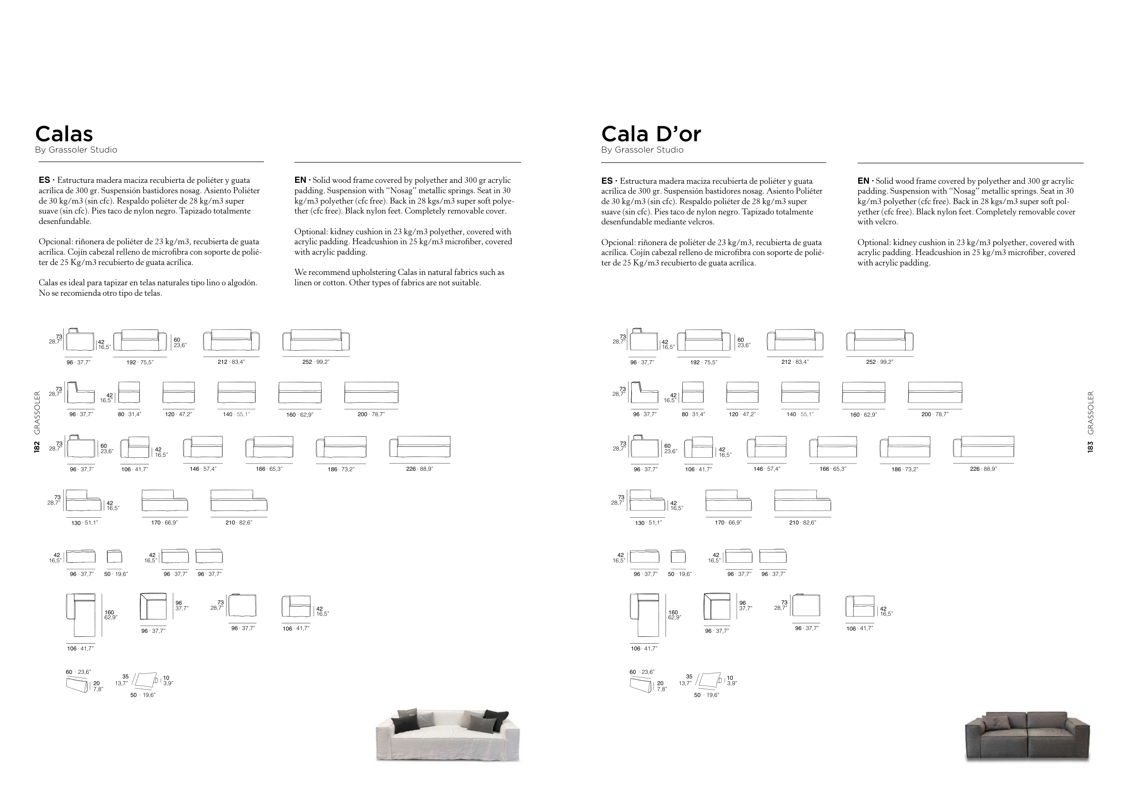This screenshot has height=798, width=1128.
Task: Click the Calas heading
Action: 64,134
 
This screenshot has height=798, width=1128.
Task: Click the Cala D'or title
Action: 651,134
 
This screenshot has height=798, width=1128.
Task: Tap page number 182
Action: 37,447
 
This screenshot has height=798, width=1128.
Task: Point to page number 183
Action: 1090,447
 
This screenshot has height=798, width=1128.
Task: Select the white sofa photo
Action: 448,735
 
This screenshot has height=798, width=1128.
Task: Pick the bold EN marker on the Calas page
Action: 300,181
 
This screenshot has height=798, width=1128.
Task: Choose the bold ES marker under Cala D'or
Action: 607,181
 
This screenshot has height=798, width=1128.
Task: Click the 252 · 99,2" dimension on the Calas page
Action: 316,362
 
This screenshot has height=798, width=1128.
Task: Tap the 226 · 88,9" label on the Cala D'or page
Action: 983,469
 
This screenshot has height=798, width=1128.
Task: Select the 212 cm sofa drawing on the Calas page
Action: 231,340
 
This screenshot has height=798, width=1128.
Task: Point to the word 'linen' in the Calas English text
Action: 302,283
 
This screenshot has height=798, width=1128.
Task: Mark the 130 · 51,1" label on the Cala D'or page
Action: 648,523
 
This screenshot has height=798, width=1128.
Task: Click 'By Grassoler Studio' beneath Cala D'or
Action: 642,150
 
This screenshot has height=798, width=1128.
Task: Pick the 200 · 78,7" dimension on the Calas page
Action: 371,414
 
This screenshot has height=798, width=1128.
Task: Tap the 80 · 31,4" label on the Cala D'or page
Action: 693,414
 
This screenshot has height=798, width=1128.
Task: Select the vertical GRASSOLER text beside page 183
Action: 1091,413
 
